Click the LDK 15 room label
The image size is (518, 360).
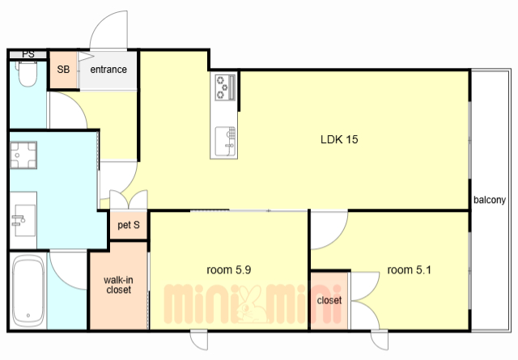tap(339, 139)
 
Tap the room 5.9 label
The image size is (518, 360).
tap(228, 270)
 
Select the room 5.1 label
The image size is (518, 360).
tap(409, 270)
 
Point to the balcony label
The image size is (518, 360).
tap(490, 200)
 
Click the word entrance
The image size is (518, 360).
tap(108, 70)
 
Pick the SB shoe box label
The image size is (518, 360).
tap(63, 70)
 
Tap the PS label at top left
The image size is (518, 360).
tap(28, 54)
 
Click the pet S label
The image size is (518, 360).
tap(129, 225)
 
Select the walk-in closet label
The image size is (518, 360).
tap(118, 285)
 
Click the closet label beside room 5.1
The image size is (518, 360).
tap(329, 300)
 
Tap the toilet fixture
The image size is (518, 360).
tap(28, 74)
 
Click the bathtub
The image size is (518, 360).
tap(28, 290)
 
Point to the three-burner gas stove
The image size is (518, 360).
tap(225, 87)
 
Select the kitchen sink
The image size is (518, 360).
tap(225, 142)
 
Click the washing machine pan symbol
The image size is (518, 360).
tap(23, 155)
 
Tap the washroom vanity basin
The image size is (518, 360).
tap(25, 220)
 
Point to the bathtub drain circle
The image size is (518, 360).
tap(28, 316)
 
